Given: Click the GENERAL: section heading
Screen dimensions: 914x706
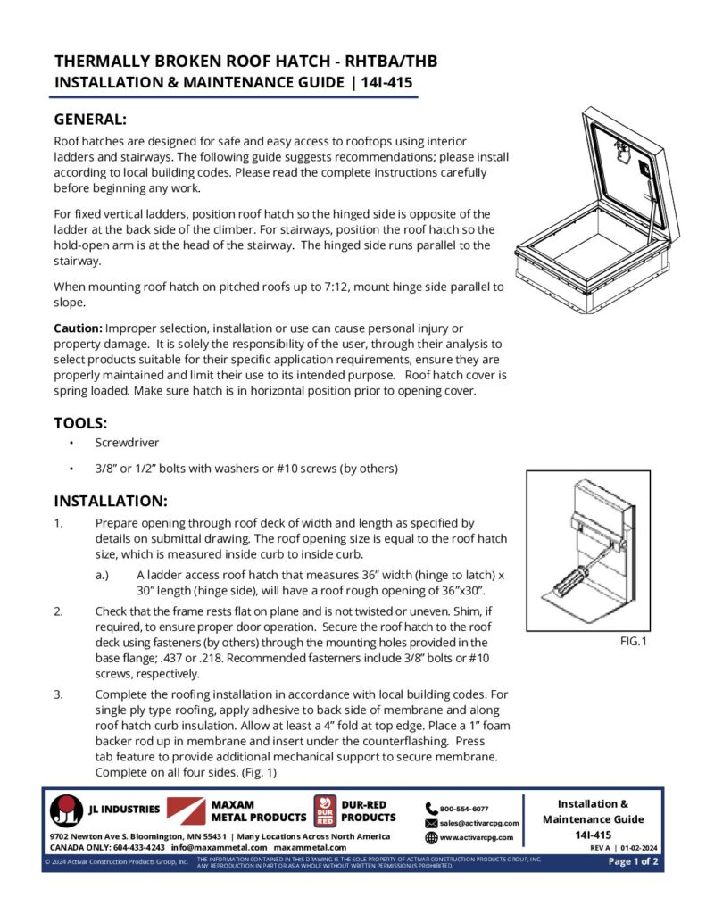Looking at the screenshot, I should click(x=90, y=119).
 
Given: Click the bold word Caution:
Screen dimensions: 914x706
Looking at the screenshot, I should click(x=78, y=328).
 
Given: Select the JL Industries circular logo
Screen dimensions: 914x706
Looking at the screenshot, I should click(x=66, y=810).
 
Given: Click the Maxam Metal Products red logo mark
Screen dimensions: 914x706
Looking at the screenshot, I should click(x=186, y=810).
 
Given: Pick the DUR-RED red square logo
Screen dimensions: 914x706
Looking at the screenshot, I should click(x=324, y=810).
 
